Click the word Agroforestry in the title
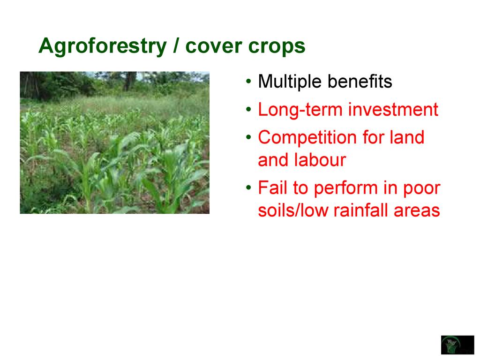click(x=103, y=47)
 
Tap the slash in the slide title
click(x=176, y=45)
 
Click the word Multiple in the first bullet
click(x=290, y=82)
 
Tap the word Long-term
click(x=300, y=110)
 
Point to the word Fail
click(x=272, y=187)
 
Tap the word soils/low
click(x=293, y=210)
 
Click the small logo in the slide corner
click(x=457, y=345)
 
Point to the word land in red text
click(x=407, y=137)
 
